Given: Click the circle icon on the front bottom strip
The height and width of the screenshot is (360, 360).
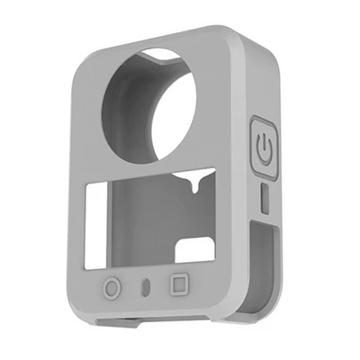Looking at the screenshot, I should [x=112, y=289].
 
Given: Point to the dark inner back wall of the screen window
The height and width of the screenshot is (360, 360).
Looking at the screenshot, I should [x=144, y=225].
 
